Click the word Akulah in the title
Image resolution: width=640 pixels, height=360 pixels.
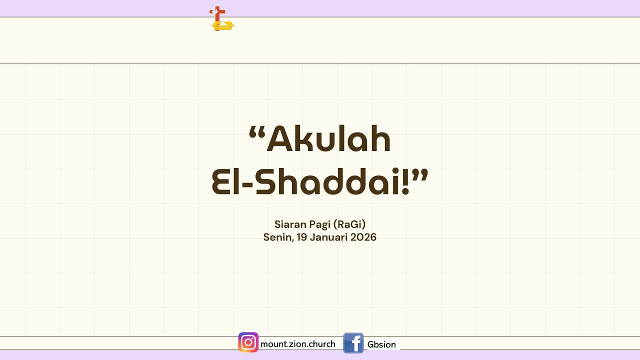pos(328,138)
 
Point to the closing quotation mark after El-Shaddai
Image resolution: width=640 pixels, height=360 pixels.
pos(419,175)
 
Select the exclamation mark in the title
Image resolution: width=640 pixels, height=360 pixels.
pos(405,181)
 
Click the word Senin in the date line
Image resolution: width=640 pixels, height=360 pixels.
pos(277,237)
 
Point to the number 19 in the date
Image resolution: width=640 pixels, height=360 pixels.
pos(302,237)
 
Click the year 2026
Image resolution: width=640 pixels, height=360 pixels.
pos(363,237)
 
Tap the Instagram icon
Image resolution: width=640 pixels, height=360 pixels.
pos(248,342)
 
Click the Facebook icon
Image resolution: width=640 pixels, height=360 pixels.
pos(353,343)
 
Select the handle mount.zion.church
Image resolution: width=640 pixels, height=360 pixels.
pos(297,344)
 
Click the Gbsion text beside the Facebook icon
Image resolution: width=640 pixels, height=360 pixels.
pos(381,344)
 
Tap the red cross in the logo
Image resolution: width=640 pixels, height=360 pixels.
pos(217,14)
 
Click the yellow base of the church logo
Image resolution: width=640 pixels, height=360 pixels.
pos(223,26)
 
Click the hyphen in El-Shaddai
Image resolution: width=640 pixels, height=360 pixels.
pos(247,184)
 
